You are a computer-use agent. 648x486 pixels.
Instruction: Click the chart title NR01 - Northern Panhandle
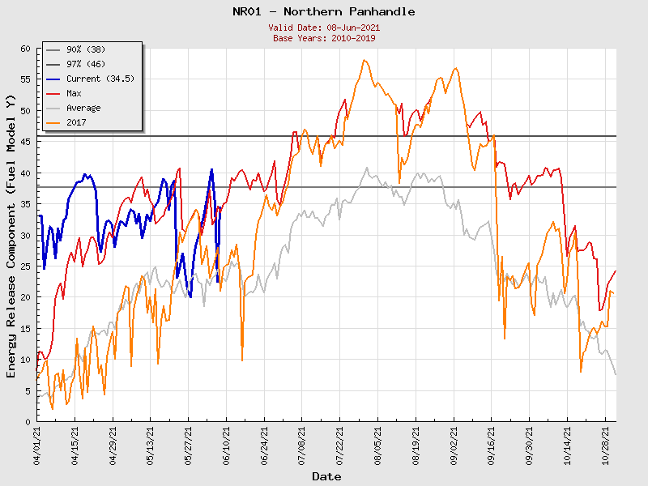tap(323, 11)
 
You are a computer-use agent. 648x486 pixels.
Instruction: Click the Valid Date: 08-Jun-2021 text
tap(323, 28)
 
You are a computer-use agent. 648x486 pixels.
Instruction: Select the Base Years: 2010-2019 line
tap(323, 37)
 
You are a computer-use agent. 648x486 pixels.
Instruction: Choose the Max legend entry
tap(74, 93)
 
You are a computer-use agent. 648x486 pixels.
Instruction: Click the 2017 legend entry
tap(77, 122)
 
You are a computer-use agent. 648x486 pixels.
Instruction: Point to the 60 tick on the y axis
tap(24, 49)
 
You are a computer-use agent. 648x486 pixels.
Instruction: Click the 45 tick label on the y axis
tap(24, 142)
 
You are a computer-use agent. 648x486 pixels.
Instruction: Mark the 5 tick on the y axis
tap(27, 390)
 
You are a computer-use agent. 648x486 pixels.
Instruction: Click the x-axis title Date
tap(326, 476)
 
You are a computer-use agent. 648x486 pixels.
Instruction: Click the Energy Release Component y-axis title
tap(11, 235)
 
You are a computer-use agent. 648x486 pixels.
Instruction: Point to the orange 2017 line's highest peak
tap(364, 60)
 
